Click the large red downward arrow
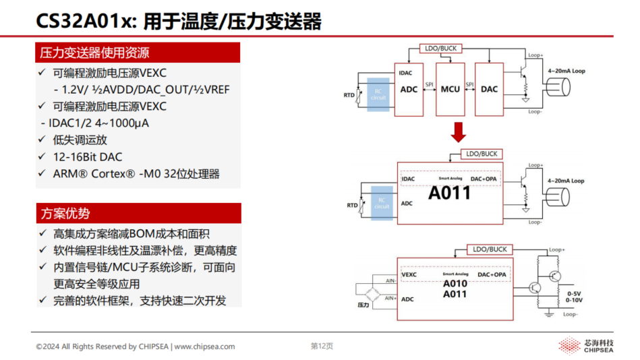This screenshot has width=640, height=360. click(459, 133)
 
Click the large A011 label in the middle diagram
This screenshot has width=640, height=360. click(449, 193)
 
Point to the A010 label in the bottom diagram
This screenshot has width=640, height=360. click(455, 284)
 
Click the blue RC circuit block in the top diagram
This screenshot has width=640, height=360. click(378, 95)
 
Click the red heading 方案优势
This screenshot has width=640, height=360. click(65, 214)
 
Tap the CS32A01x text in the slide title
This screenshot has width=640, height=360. click(80, 22)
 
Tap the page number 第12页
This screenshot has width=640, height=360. click(321, 347)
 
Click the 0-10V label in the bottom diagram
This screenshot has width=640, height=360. click(575, 301)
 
